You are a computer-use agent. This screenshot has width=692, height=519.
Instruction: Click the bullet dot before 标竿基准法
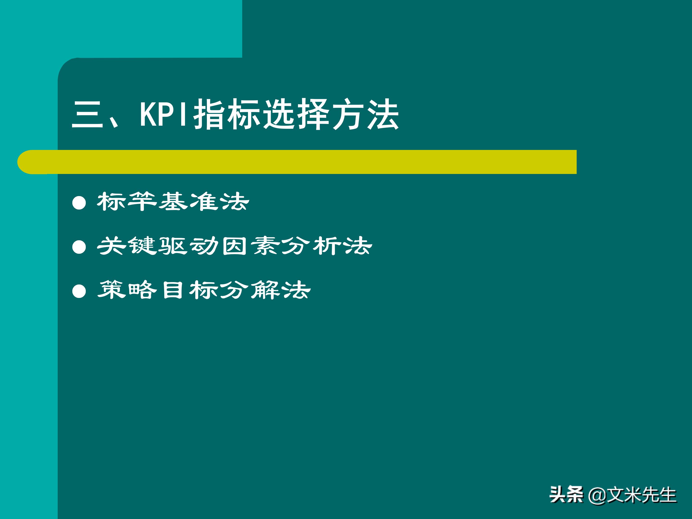(79, 203)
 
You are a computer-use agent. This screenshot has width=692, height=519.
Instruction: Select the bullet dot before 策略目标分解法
(79, 291)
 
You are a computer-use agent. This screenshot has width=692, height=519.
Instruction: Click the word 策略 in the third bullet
(127, 290)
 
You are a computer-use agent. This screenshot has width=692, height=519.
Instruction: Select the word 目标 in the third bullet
(188, 290)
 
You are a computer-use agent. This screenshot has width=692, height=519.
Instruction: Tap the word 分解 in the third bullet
(249, 290)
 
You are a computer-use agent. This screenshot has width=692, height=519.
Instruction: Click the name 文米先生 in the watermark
(641, 495)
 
